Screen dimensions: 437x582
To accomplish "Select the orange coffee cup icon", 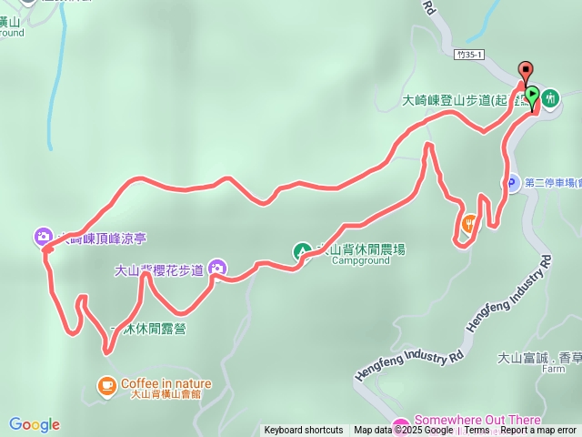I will tap(107, 384).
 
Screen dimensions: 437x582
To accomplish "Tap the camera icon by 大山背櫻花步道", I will tap(217, 268).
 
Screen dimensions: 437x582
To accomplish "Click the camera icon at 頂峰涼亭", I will tap(44, 237).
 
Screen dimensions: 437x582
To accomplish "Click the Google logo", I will tap(35, 424).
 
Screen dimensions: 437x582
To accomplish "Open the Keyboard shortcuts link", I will tap(304, 431).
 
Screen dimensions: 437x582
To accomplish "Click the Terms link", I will tap(477, 431).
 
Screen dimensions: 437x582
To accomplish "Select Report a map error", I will tap(538, 431).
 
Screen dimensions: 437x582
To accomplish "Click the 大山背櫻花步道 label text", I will tap(158, 269).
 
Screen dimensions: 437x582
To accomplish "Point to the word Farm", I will tap(553, 370).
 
